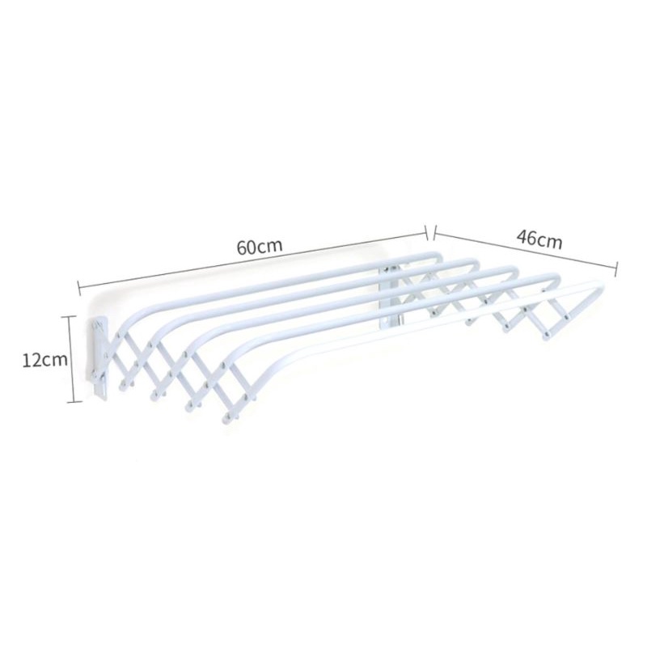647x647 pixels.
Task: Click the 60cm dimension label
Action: point(260,247)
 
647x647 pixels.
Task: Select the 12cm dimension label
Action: point(44,359)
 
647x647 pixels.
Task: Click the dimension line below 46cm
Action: point(525,250)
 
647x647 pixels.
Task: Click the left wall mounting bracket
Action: point(99,358)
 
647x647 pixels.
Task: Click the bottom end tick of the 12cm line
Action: point(73,401)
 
